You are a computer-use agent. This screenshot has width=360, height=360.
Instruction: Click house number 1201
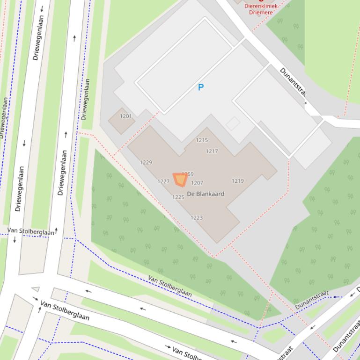(x=126, y=116)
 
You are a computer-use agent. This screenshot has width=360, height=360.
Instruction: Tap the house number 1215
(x=202, y=140)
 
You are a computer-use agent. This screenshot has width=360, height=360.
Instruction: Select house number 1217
(x=212, y=151)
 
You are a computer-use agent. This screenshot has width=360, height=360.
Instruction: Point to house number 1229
(x=146, y=163)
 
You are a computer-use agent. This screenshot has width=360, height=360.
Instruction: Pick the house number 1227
(x=163, y=181)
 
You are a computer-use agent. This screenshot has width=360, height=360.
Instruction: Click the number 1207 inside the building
(x=197, y=183)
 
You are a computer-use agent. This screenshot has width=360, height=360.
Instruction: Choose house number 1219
(x=238, y=181)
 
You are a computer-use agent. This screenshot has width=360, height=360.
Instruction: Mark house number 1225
(x=178, y=197)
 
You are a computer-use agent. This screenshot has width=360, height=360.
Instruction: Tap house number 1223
(x=197, y=217)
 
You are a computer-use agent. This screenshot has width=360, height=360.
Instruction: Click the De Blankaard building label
(x=206, y=194)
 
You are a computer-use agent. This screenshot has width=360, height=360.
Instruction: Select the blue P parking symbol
(x=201, y=87)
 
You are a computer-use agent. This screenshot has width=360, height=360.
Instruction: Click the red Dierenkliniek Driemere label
(x=261, y=9)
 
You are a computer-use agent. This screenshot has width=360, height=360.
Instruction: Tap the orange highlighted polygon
(x=180, y=180)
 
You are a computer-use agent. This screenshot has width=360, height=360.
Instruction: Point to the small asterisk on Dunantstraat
(x=306, y=103)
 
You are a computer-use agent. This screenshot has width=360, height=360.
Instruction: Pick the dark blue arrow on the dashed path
(x=338, y=296)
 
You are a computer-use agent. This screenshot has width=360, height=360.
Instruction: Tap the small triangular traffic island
(x=36, y=289)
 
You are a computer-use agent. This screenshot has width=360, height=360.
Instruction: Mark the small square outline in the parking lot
(x=233, y=123)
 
